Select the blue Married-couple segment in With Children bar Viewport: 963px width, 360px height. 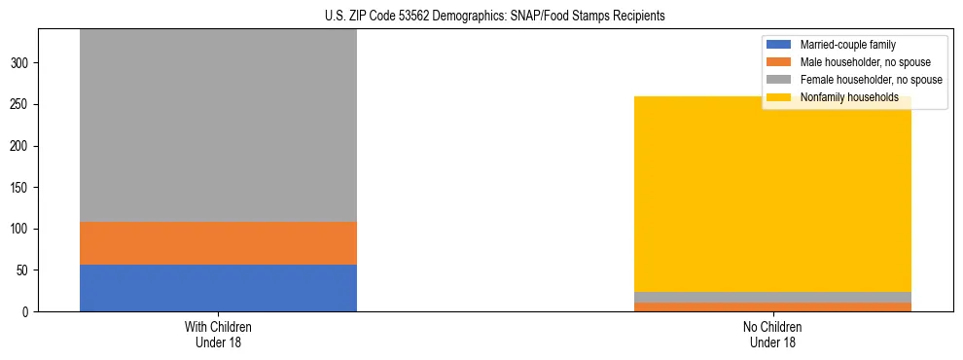(x=218, y=288)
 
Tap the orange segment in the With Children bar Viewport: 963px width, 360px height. (x=218, y=243)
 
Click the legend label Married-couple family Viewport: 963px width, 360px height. (x=847, y=45)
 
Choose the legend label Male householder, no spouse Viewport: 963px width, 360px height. (x=859, y=62)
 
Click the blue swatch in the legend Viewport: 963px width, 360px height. (x=779, y=45)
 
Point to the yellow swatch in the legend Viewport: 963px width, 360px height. (x=779, y=97)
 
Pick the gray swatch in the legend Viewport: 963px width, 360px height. (x=779, y=80)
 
